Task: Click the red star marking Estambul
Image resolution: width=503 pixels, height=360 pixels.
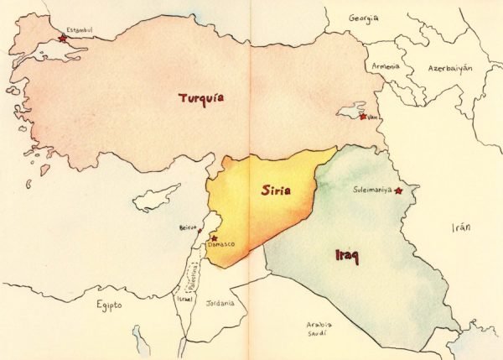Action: pos(62,38)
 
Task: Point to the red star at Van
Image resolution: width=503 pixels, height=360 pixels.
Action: pos(362,116)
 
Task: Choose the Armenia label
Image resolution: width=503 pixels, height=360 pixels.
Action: pos(386,66)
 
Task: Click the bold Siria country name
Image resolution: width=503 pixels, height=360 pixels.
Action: pos(275,190)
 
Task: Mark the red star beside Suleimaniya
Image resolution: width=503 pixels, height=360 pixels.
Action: pos(399,191)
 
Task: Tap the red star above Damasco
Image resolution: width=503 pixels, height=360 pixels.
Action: pos(215,237)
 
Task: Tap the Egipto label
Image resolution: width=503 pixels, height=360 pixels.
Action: pos(107,305)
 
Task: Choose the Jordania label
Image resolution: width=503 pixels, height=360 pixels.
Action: pos(220,303)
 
